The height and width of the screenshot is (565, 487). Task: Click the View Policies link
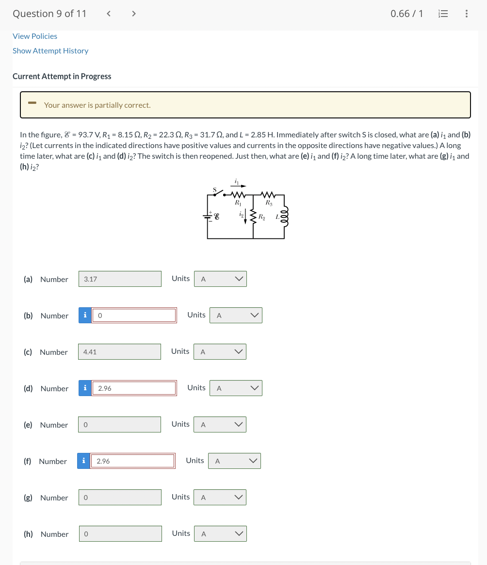(x=35, y=36)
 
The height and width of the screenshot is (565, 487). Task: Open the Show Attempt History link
(x=50, y=51)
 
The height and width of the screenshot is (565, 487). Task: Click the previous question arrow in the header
(x=109, y=14)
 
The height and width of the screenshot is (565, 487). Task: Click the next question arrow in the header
(x=134, y=14)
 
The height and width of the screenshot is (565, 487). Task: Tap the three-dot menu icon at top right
(x=466, y=14)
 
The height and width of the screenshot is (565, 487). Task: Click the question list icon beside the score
(x=442, y=14)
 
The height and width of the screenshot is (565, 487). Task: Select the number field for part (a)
(x=120, y=279)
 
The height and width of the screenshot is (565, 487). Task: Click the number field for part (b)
(x=134, y=316)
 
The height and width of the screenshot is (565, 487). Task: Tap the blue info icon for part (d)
(x=85, y=388)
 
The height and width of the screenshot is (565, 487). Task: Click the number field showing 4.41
(x=119, y=352)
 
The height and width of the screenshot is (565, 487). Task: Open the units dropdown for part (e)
(x=220, y=425)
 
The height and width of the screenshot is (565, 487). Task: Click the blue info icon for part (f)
(x=83, y=461)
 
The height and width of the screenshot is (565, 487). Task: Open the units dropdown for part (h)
(x=220, y=534)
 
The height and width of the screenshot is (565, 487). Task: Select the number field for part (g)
(x=120, y=498)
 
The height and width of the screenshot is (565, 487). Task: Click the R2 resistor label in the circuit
(x=261, y=216)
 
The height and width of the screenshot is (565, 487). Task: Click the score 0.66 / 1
(x=406, y=14)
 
